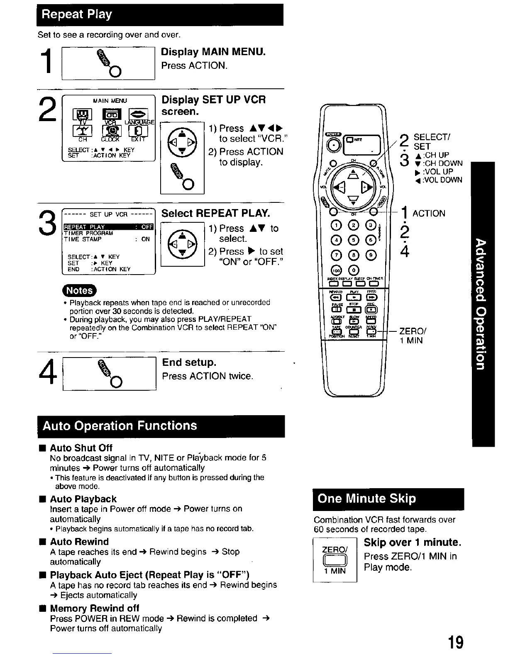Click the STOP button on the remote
pos(354,309)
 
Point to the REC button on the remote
pos(371,309)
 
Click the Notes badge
pos(79,291)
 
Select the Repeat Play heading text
pos(77,15)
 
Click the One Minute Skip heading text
pos(366,498)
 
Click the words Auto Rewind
pos(79,542)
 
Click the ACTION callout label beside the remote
pos(429,213)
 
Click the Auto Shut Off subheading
pos(81,448)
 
